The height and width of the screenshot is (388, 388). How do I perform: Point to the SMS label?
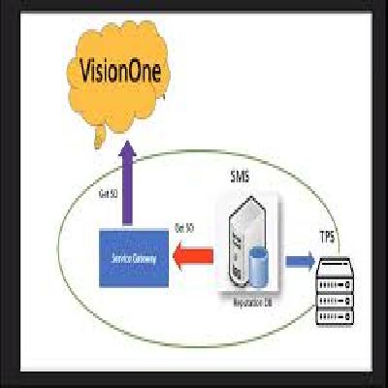click(239, 177)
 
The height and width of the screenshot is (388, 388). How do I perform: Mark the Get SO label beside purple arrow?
click(110, 193)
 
